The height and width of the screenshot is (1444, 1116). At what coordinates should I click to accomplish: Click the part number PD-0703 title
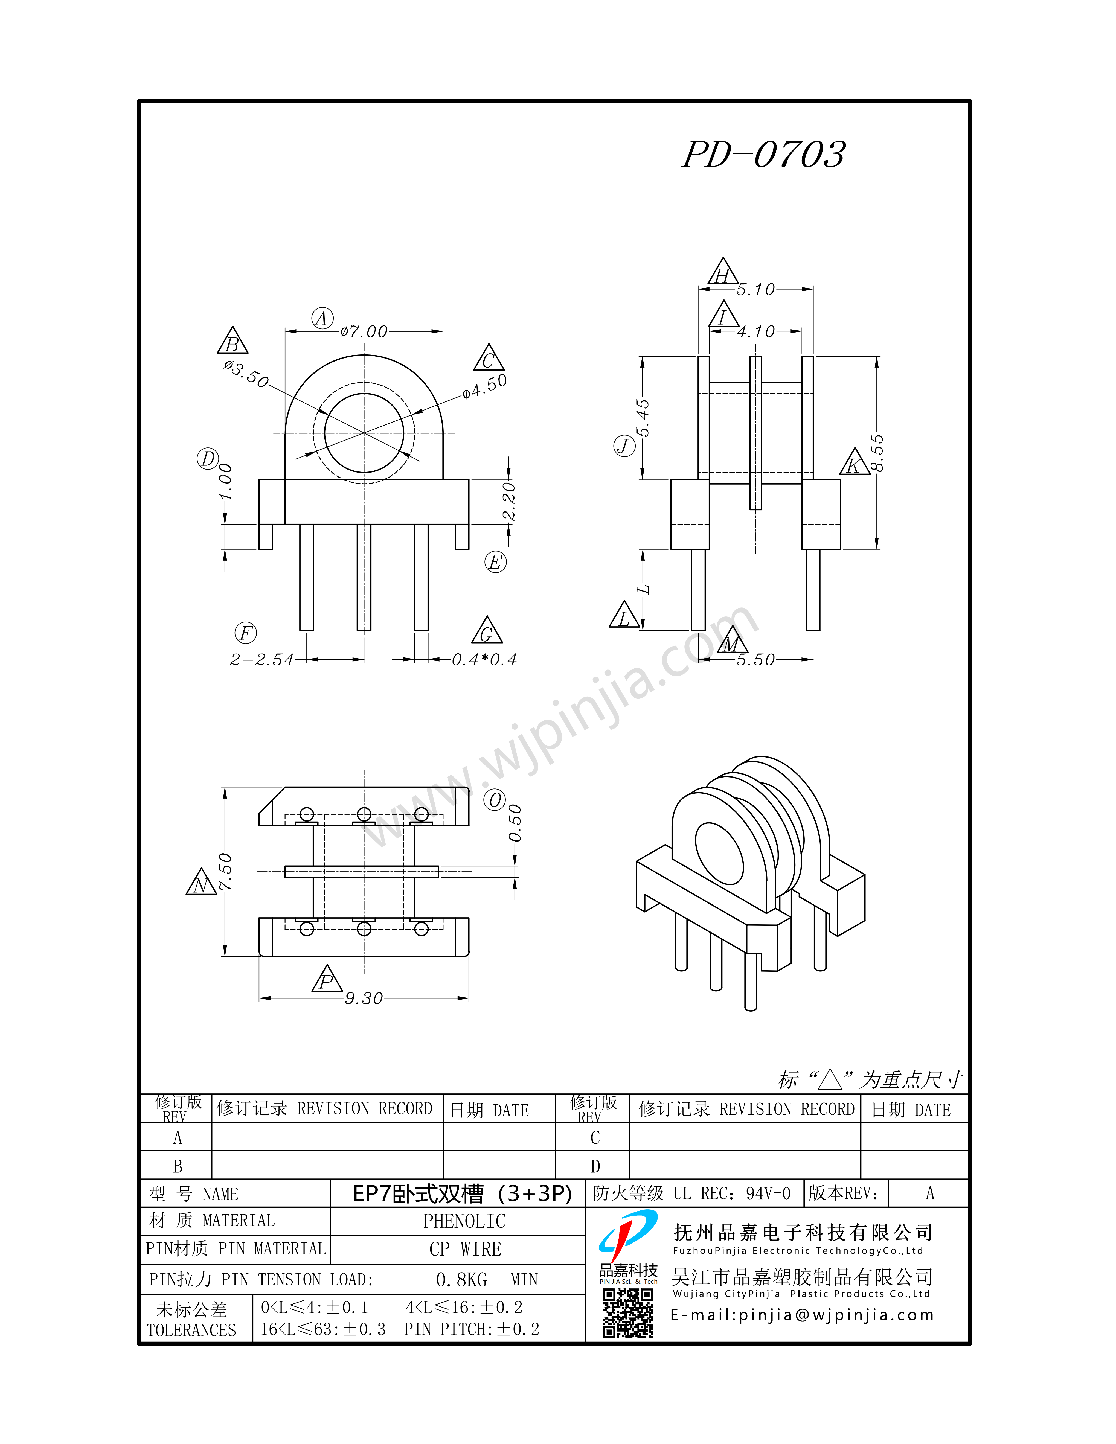[764, 155]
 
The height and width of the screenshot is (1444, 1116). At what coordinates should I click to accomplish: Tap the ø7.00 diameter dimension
[364, 331]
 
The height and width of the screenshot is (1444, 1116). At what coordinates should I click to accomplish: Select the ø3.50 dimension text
[246, 374]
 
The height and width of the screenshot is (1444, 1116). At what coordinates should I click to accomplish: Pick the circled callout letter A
[322, 319]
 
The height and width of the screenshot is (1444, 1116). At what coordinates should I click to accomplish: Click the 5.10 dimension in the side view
[756, 290]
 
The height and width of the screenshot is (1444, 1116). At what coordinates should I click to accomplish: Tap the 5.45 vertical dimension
[643, 418]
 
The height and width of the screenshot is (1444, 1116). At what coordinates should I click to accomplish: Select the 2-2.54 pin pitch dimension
[262, 660]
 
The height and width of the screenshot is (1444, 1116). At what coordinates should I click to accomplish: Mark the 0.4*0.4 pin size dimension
[484, 660]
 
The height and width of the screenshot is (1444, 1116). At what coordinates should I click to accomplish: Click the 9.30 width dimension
[364, 998]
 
